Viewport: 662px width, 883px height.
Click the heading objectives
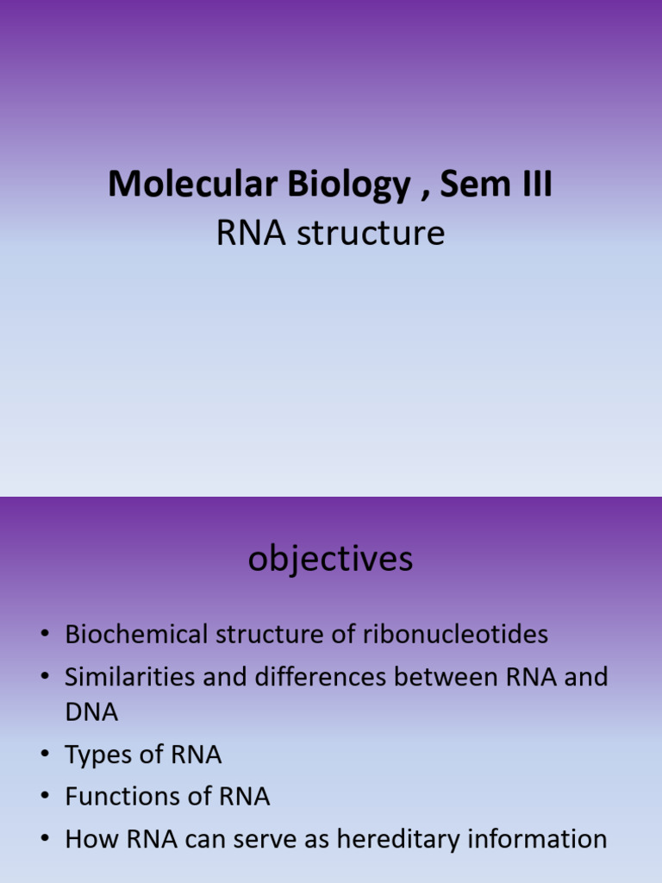pyautogui.click(x=331, y=560)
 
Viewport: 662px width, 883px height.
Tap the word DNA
pyautogui.click(x=91, y=712)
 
